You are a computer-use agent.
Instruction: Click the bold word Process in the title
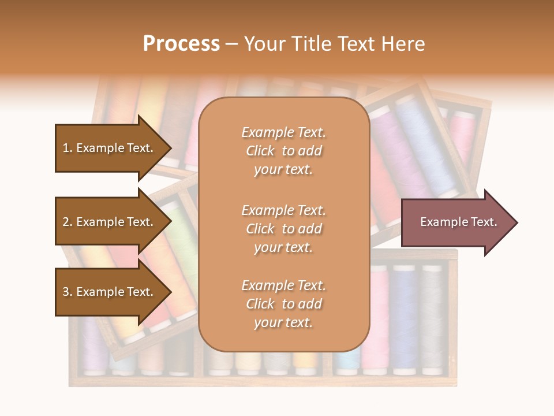coord(181,44)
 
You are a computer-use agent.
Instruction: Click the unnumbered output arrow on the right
coord(456,222)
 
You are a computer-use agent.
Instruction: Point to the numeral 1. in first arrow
coord(68,148)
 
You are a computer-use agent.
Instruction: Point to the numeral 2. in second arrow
coord(68,222)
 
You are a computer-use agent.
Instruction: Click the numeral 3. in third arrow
coord(68,292)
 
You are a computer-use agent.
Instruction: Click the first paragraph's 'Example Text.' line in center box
coord(283,132)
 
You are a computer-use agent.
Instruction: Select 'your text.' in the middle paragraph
coord(283,247)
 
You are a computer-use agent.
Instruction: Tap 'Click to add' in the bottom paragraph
coord(283,304)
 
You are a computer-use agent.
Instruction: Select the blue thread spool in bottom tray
coord(405,318)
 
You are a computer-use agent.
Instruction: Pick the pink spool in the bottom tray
coord(379,318)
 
